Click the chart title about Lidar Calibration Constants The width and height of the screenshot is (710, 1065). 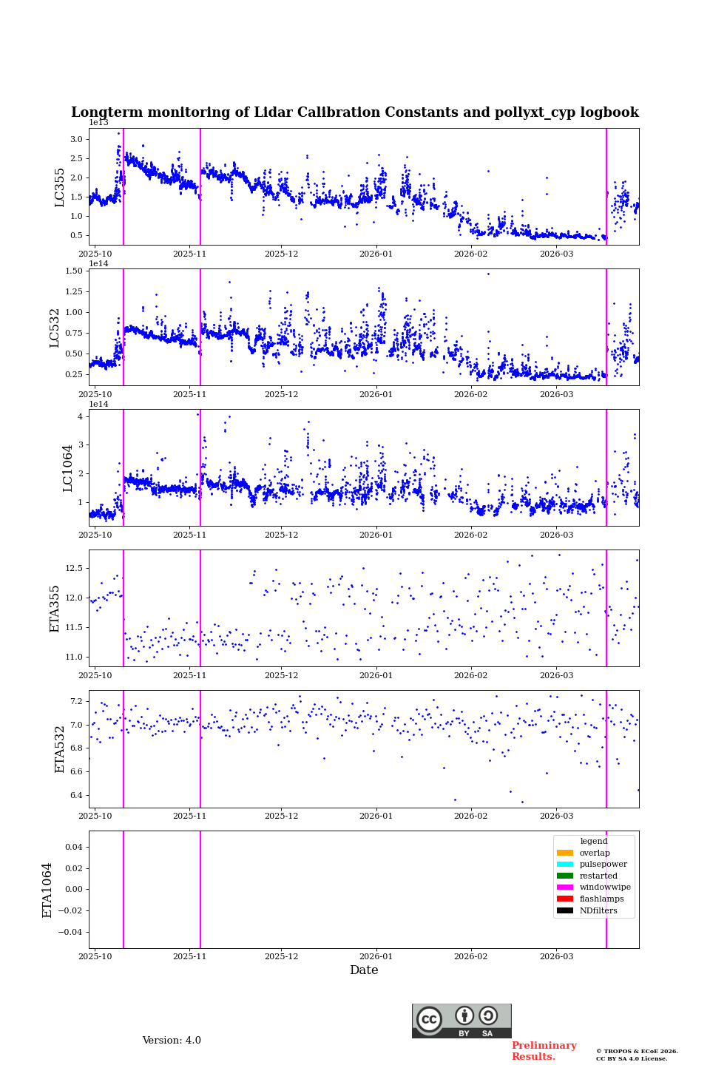click(x=355, y=112)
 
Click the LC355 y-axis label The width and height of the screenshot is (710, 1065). click(x=60, y=187)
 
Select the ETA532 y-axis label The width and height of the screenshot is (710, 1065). click(x=60, y=748)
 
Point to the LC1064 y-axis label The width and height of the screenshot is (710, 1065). click(x=68, y=467)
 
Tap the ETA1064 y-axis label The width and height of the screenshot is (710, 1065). click(x=47, y=890)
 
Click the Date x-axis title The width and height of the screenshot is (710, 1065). click(x=364, y=970)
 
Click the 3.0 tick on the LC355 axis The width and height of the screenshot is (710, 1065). click(x=76, y=139)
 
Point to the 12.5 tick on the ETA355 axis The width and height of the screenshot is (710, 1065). click(x=74, y=568)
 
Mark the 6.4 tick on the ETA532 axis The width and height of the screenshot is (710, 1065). click(x=77, y=796)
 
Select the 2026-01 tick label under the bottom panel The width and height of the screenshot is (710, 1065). click(x=376, y=956)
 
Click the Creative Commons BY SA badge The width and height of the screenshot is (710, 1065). click(x=461, y=1021)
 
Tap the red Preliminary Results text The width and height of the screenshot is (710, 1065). click(x=544, y=1051)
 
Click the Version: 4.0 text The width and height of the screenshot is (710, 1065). click(x=172, y=1041)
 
